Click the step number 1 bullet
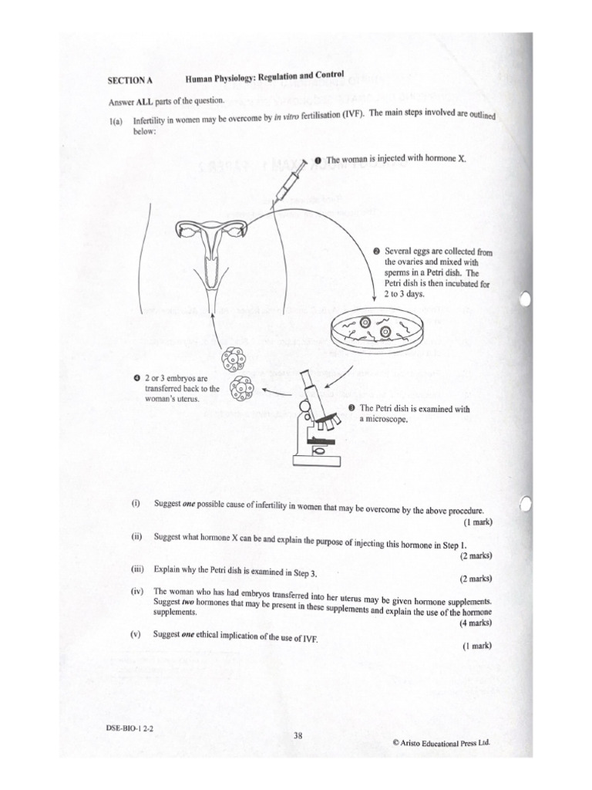click(317, 160)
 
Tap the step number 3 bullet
click(351, 408)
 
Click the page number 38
click(297, 736)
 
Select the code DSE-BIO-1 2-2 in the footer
click(131, 728)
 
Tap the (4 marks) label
click(476, 623)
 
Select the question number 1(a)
click(116, 121)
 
